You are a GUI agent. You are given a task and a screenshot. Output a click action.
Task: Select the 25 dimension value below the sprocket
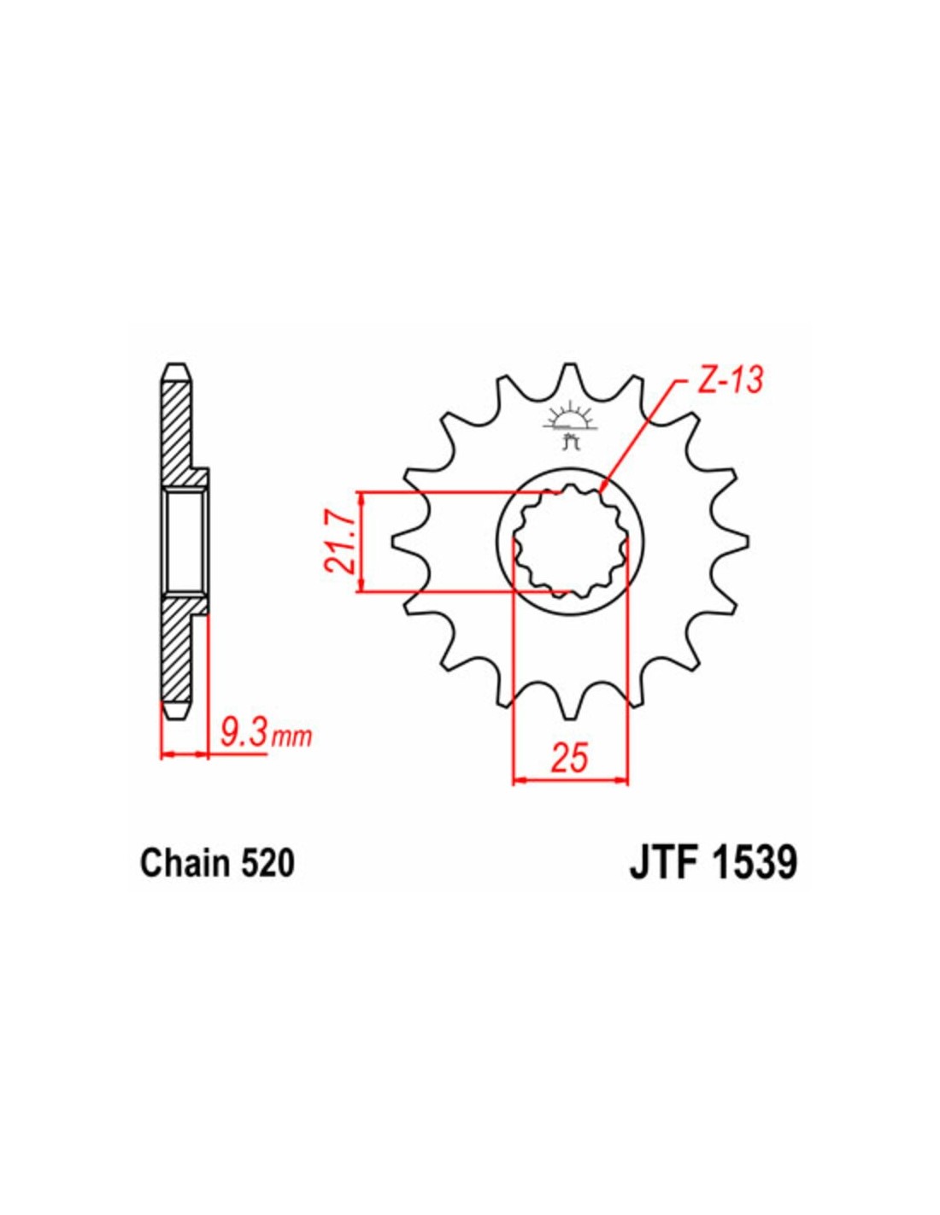570,757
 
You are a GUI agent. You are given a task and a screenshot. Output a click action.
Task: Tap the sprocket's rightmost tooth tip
747,540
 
